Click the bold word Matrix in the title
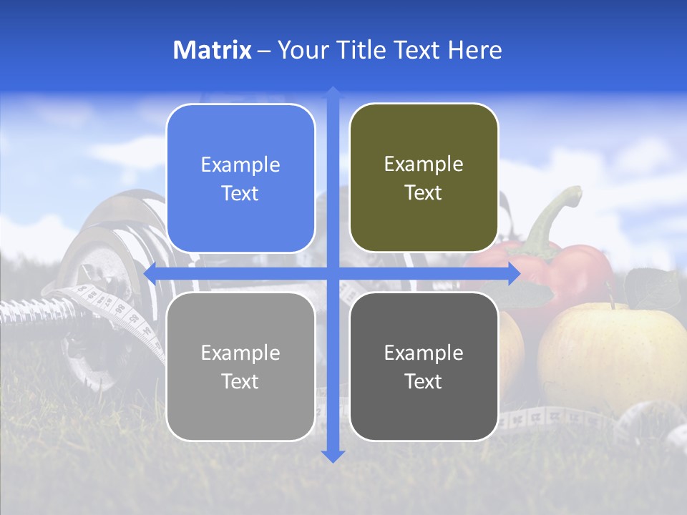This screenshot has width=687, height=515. click(x=212, y=50)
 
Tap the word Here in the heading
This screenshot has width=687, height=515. click(x=474, y=50)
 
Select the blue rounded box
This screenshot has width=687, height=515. click(x=240, y=178)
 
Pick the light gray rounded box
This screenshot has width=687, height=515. click(x=240, y=366)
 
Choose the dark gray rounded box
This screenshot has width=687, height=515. click(x=424, y=366)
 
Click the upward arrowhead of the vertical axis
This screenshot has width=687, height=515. click(x=333, y=92)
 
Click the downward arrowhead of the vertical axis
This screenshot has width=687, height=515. click(x=333, y=456)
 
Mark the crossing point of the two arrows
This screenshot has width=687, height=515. click(x=333, y=273)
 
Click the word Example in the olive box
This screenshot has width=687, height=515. click(x=424, y=164)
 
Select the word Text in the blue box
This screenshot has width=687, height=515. click(x=240, y=193)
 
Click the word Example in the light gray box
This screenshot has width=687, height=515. click(x=240, y=353)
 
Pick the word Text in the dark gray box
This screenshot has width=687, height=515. click(x=424, y=381)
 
